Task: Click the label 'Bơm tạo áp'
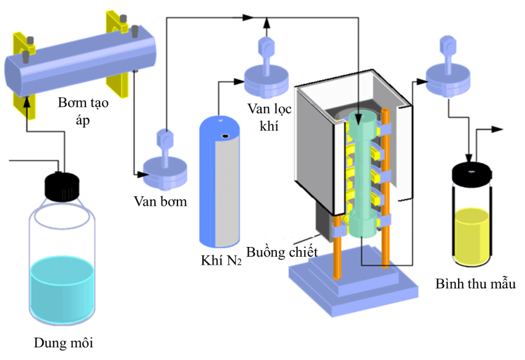(83, 111)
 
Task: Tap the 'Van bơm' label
(160, 201)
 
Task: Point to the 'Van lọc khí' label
(270, 117)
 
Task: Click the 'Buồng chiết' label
(282, 252)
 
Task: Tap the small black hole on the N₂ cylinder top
(226, 136)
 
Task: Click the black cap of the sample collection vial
(471, 174)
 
